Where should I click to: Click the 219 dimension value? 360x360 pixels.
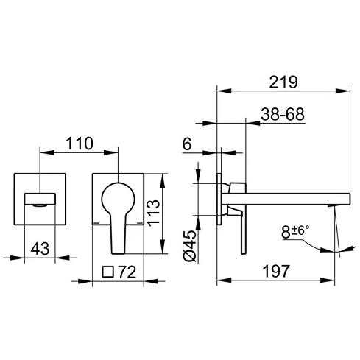283,82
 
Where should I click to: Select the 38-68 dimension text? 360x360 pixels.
283,114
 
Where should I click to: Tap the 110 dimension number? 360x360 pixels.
80,144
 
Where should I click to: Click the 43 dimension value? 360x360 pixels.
40,249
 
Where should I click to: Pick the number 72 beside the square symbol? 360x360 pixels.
127,272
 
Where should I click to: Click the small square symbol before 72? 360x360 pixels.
108,272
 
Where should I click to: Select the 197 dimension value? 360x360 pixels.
276,271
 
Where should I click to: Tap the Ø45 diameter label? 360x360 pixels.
190,246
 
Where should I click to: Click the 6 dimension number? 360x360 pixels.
187,144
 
